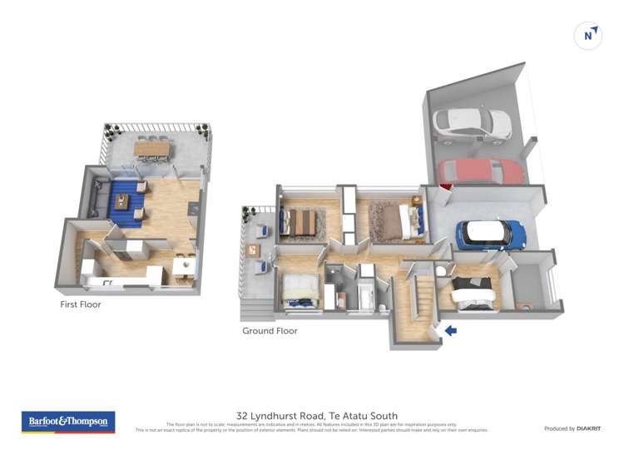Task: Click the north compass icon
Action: click(588, 36)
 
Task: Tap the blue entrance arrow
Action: click(450, 330)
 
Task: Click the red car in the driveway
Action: click(483, 172)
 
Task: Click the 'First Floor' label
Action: click(81, 304)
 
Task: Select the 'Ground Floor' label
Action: click(270, 330)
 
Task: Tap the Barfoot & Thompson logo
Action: click(68, 422)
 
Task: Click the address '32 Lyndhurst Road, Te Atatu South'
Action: click(317, 415)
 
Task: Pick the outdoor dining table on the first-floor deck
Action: click(151, 149)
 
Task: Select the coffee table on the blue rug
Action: click(122, 200)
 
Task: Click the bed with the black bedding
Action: click(473, 293)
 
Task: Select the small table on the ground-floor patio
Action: click(252, 249)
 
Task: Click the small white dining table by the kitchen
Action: click(185, 265)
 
